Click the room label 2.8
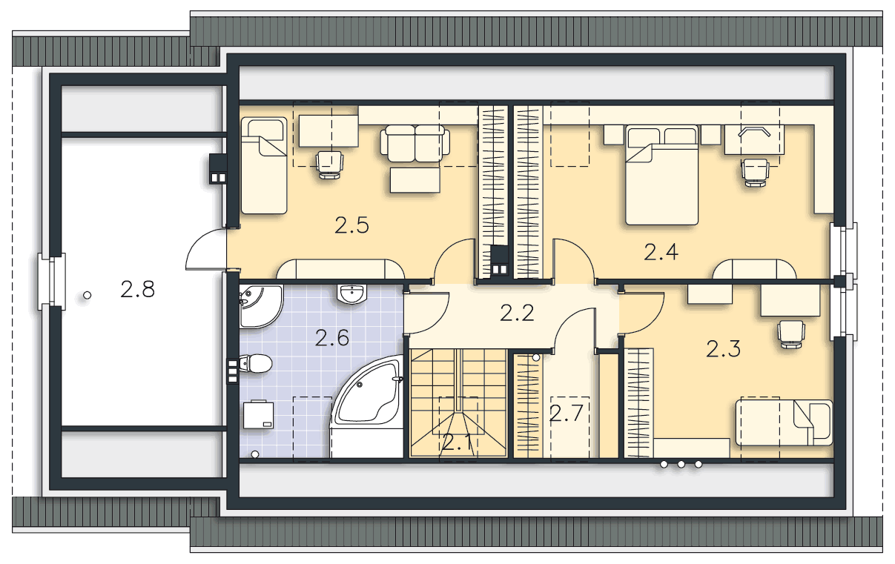click(137, 289)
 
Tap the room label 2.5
click(351, 225)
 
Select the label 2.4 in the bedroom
click(661, 252)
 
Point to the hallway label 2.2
click(517, 313)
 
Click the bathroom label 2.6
click(332, 338)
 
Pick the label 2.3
click(723, 349)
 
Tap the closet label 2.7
click(567, 413)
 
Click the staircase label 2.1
click(457, 442)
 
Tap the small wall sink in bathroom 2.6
click(351, 294)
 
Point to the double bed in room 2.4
click(661, 175)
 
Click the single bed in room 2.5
click(264, 165)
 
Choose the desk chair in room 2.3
click(791, 334)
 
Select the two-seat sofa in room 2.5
click(415, 143)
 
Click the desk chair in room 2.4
click(755, 172)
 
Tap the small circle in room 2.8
click(87, 295)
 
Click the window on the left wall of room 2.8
click(52, 281)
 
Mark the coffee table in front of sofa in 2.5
click(415, 180)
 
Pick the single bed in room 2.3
click(784, 422)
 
